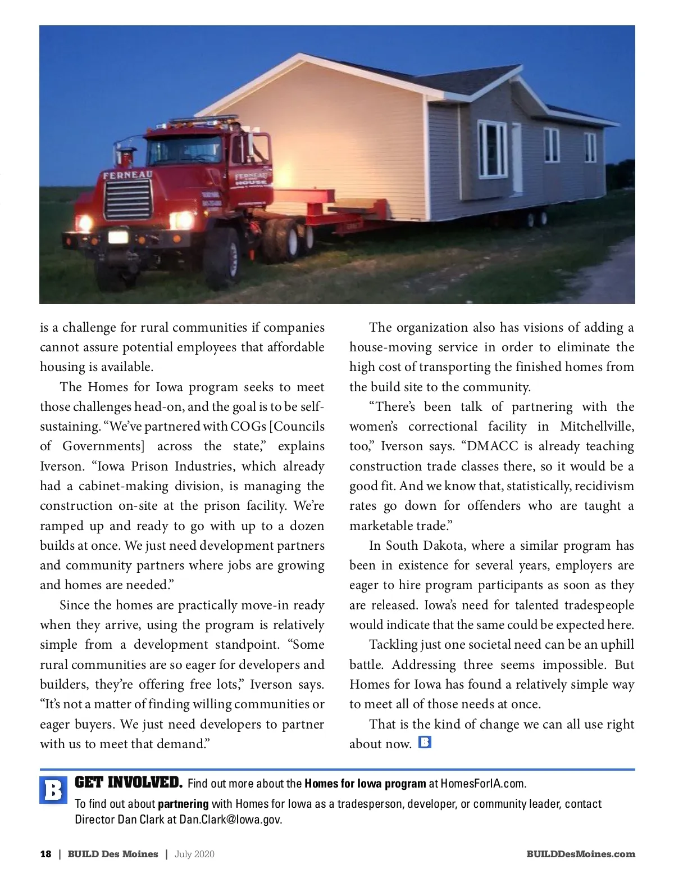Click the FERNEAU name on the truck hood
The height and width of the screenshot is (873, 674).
(x=127, y=175)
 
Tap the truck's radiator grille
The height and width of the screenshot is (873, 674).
(x=129, y=200)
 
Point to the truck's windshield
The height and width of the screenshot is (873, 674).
(x=176, y=149)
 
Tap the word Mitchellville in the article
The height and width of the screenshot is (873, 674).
(x=596, y=426)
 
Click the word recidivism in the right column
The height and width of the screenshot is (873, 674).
(x=604, y=486)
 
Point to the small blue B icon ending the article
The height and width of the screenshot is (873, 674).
(x=425, y=742)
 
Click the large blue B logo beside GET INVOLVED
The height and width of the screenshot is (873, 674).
(x=53, y=790)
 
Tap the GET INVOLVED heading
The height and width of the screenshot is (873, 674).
(x=129, y=782)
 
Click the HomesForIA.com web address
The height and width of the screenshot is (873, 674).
(x=483, y=784)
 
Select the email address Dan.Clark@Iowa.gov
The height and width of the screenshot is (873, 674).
(x=230, y=820)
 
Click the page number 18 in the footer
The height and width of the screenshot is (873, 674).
(x=45, y=854)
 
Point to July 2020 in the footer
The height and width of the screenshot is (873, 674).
(x=194, y=854)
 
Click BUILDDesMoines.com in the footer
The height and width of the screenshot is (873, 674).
(x=581, y=854)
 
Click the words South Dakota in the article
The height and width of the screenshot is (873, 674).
(x=425, y=545)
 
